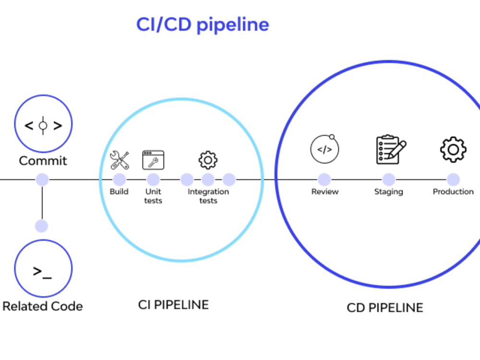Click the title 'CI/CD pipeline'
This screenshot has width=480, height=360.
pyautogui.click(x=202, y=24)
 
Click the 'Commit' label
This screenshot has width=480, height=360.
pyautogui.click(x=43, y=160)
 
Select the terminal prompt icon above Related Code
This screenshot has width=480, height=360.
pyautogui.click(x=43, y=272)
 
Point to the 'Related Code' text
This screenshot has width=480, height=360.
pyautogui.click(x=43, y=306)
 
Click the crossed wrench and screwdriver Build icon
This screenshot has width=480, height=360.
pyautogui.click(x=120, y=160)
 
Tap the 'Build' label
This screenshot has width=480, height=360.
pyautogui.click(x=119, y=192)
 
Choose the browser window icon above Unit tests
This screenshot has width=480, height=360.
pyautogui.click(x=153, y=160)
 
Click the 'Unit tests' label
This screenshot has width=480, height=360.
pyautogui.click(x=153, y=196)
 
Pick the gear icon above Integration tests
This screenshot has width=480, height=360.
pyautogui.click(x=208, y=160)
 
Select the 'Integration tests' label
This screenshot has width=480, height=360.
pyautogui.click(x=208, y=196)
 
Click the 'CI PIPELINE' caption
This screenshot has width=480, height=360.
pyautogui.click(x=173, y=304)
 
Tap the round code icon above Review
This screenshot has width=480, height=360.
pyautogui.click(x=324, y=149)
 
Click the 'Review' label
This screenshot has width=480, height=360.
pyautogui.click(x=325, y=192)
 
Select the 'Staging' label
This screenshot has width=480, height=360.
pyautogui.click(x=389, y=192)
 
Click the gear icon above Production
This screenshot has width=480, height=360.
pyautogui.click(x=453, y=149)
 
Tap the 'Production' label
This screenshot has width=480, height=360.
pyautogui.click(x=453, y=192)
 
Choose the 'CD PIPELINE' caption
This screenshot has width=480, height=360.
pyautogui.click(x=385, y=307)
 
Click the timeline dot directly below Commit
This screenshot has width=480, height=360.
pyautogui.click(x=42, y=180)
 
